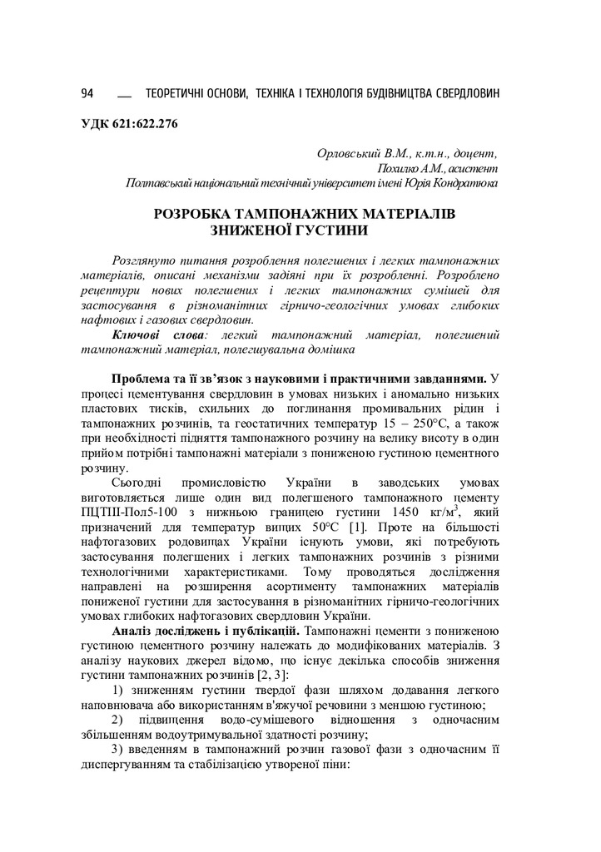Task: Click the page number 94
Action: coord(87,92)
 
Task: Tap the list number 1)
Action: coord(117,691)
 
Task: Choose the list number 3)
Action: coord(117,750)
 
